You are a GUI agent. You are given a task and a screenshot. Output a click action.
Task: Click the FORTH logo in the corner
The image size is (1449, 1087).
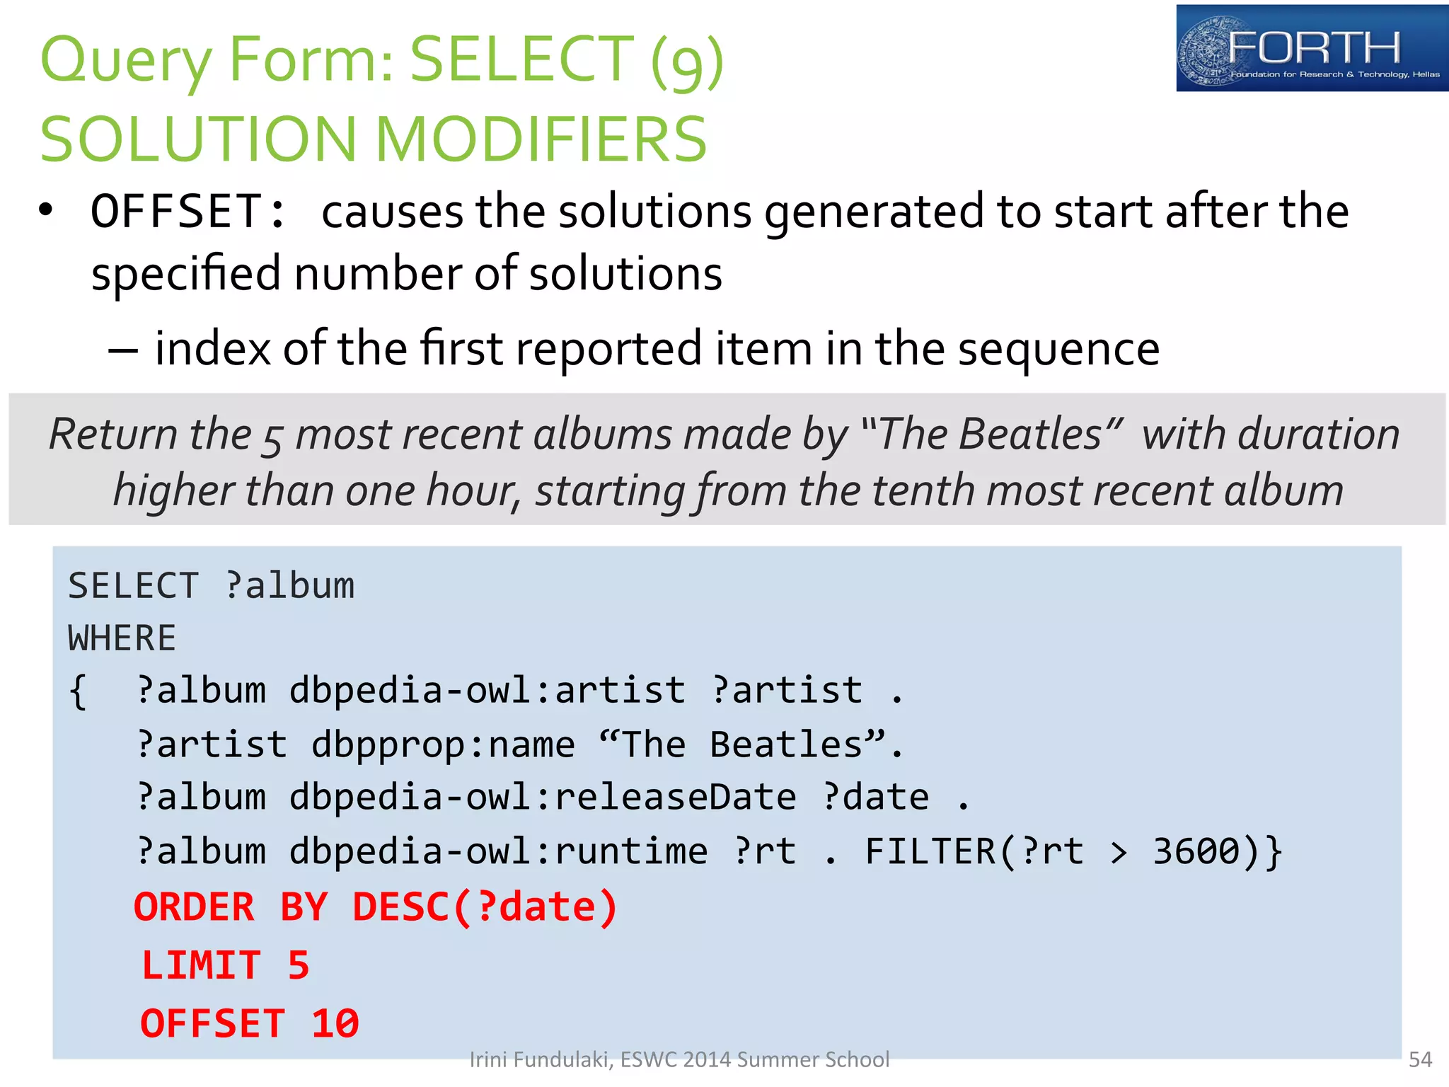[1311, 48]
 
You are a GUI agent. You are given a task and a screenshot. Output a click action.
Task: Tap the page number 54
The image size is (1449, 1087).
[1420, 1059]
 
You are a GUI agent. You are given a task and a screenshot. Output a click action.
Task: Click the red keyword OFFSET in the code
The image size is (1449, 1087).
[212, 1023]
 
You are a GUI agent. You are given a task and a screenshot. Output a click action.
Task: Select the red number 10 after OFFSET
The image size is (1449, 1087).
[335, 1023]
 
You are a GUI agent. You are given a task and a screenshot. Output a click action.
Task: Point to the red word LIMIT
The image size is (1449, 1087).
[202, 965]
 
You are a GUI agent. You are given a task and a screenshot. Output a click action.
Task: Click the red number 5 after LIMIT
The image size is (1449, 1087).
[299, 965]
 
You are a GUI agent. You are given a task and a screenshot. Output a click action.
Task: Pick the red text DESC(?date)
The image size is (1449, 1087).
[485, 907]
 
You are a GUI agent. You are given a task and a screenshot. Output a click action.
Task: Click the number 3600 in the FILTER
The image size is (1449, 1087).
[1196, 851]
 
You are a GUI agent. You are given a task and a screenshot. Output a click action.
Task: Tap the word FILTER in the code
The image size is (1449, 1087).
[930, 851]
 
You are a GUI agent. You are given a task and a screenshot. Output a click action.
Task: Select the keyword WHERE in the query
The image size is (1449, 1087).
[122, 638]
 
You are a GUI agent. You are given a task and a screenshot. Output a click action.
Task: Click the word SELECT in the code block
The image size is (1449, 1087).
[133, 586]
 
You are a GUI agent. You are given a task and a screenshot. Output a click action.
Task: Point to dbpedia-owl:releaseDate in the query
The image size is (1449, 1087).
[543, 798]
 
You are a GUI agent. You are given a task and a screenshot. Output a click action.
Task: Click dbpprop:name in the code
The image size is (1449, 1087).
[443, 744]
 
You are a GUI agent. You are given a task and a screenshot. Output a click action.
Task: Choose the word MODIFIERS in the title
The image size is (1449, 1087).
[541, 139]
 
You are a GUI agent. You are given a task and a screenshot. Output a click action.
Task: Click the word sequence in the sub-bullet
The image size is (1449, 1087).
[1058, 349]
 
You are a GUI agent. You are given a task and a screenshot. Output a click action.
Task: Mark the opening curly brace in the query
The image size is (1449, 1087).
[78, 691]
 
